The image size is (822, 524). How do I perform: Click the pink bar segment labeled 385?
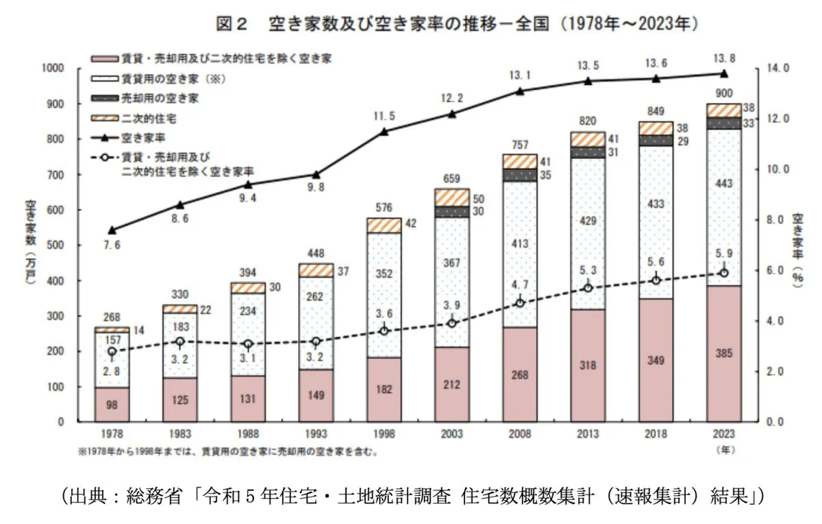[x=723, y=353]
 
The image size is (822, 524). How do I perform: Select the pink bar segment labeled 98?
[x=112, y=405]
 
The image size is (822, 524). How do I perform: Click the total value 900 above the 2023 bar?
[x=724, y=93]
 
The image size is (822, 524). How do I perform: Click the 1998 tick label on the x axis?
[x=384, y=434]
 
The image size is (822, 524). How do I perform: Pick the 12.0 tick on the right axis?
[x=776, y=119]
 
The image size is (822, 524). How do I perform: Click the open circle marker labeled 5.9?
[x=724, y=273]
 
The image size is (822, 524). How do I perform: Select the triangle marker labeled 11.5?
[x=384, y=131]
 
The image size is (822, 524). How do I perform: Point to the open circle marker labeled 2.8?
[x=112, y=352]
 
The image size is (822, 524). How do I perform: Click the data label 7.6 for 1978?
[x=112, y=246]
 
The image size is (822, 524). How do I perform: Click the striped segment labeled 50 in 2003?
[x=451, y=197]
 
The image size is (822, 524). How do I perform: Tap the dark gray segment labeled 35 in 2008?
[x=519, y=176]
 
